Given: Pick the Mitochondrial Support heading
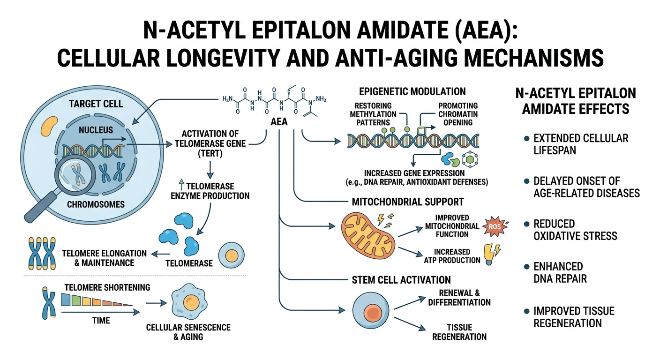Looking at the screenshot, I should tap(407, 202).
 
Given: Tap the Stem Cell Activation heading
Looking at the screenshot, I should tap(401, 280).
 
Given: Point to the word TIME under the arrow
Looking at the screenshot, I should tap(101, 321).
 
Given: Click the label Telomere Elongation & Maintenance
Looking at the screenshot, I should tap(104, 257).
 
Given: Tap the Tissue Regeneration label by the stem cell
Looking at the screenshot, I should tap(459, 331).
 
